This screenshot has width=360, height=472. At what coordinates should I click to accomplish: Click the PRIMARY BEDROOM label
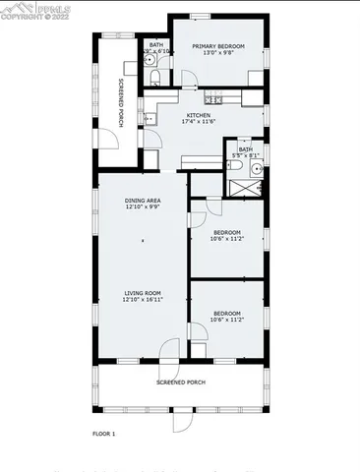pyautogui.click(x=217, y=45)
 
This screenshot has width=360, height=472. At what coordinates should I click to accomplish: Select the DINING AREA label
pyautogui.click(x=143, y=200)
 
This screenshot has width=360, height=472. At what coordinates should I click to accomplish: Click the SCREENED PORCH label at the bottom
pyautogui.click(x=181, y=382)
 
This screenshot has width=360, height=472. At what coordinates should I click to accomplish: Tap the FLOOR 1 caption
pyautogui.click(x=104, y=433)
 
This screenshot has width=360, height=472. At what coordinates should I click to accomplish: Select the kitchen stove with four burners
pyautogui.click(x=215, y=97)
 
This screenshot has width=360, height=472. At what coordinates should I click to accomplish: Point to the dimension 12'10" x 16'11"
pyautogui.click(x=143, y=299)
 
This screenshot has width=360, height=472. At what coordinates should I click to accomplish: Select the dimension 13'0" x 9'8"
pyautogui.click(x=217, y=53)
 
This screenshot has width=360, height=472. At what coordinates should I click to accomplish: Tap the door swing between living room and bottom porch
pyautogui.click(x=171, y=350)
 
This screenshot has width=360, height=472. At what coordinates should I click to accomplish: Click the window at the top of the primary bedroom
pyautogui.click(x=200, y=16)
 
